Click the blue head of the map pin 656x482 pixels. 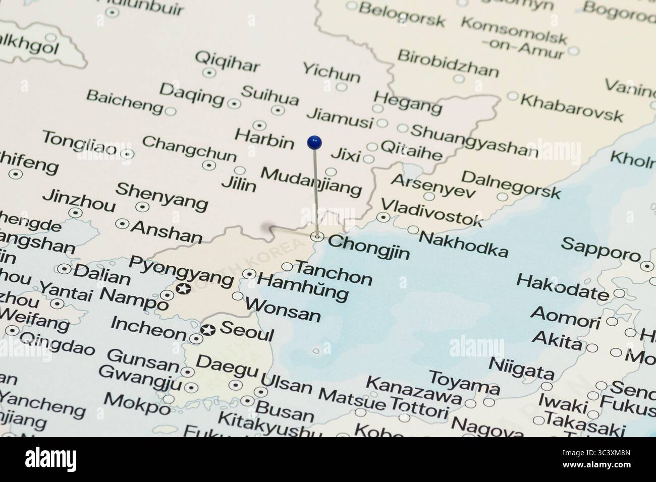coord(314,142)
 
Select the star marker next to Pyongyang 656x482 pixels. coord(183,289)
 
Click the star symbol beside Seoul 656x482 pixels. coord(207,331)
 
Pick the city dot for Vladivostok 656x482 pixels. coord(384,218)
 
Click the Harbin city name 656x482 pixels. coord(264,139)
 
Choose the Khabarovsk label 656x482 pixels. coord(571,107)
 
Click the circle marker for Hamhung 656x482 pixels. coord(249,274)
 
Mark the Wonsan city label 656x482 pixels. coord(283,310)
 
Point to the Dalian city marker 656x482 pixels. coord(64,269)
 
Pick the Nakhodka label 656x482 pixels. coord(463,244)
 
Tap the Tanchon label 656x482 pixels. coord(333,272)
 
